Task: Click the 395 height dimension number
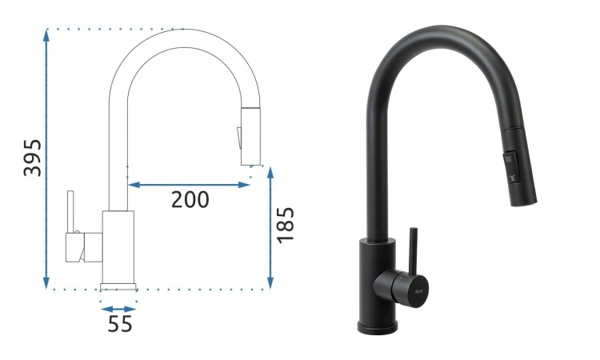click(32, 158)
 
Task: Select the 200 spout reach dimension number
click(190, 199)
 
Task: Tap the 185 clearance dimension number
click(286, 226)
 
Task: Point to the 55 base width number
click(120, 324)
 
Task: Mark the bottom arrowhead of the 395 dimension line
click(46, 282)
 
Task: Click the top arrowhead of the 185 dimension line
click(270, 173)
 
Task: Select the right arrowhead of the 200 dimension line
click(244, 185)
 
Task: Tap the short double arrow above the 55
click(118, 309)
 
